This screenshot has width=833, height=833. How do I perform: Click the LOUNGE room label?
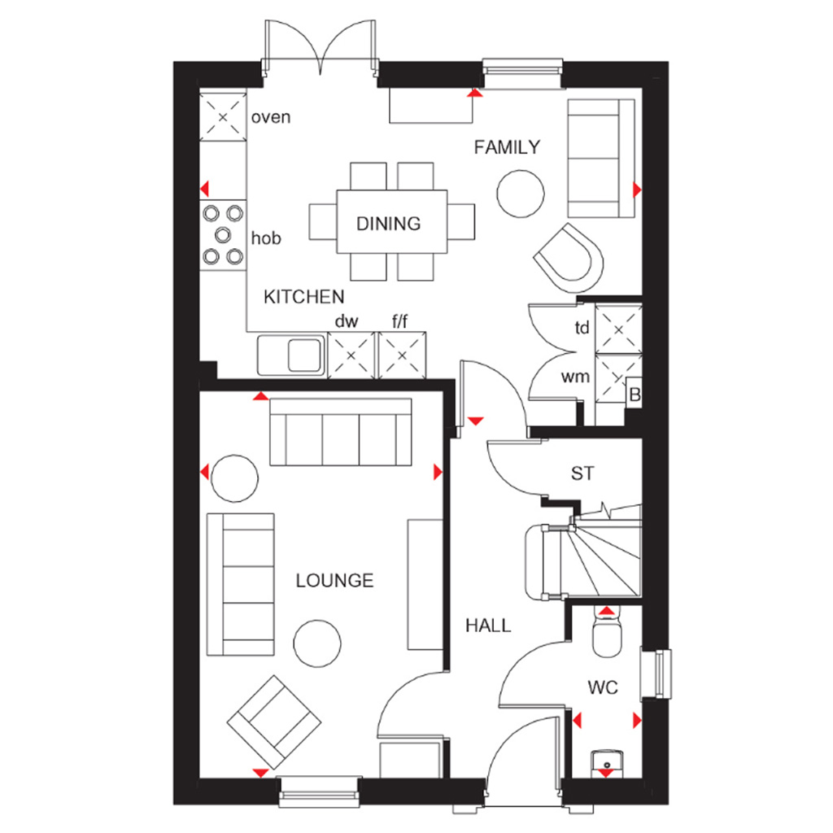coord(334,580)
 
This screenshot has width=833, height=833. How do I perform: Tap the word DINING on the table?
coord(388,224)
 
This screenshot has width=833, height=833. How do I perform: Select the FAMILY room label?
coord(507,147)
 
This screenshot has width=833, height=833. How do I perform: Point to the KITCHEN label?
coord(304,296)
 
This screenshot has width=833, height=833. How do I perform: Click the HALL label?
coord(488,626)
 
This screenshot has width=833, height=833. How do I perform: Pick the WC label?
coord(603,687)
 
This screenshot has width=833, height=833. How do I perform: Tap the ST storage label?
coord(582,473)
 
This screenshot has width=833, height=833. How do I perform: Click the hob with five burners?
coord(223,235)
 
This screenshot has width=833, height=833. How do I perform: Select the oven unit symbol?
coord(223,117)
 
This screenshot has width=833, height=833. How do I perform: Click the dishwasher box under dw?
coord(351,355)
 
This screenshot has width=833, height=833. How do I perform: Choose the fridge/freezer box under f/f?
coord(402,355)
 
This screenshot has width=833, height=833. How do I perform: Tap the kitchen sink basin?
coord(305,355)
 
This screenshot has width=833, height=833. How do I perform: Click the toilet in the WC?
coord(607,633)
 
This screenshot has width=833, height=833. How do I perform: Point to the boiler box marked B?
coord(635,393)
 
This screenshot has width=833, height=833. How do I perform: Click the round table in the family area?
coord(521,194)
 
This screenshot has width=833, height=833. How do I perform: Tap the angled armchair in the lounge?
coord(274,722)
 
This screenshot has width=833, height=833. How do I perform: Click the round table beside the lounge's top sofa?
coord(235,478)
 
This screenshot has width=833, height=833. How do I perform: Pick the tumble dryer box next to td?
coord(618,329)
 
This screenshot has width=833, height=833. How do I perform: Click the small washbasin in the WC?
coord(607,763)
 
